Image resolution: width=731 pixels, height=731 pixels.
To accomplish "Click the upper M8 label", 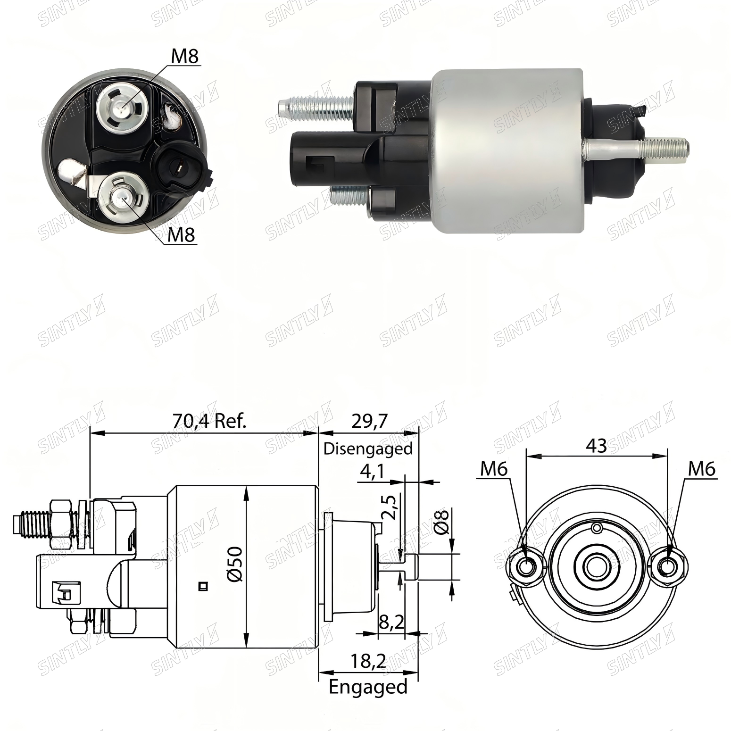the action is (185, 56).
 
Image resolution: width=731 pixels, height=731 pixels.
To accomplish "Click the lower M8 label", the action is (182, 234).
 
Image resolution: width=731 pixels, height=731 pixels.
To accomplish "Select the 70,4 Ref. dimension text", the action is (209, 421).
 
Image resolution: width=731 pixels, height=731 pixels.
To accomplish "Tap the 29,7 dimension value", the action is (369, 421).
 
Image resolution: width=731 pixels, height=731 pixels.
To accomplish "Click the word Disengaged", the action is (368, 448).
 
